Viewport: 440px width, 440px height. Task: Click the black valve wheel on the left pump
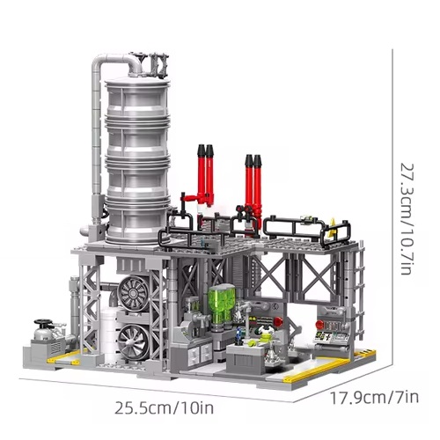tap(41, 326)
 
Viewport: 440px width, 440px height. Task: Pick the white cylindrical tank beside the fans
tap(107, 326)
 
